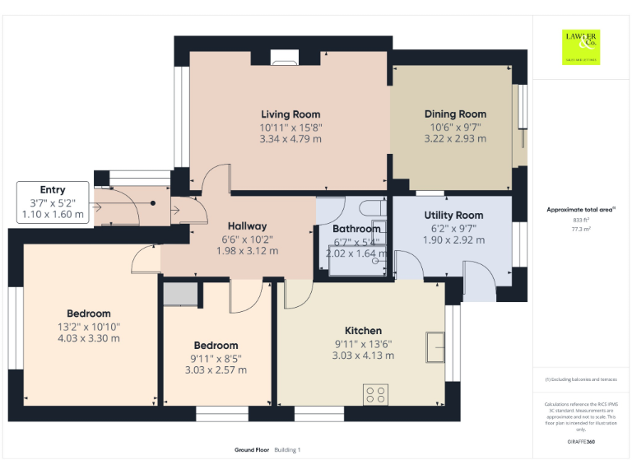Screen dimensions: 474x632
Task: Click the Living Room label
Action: (x=290, y=114)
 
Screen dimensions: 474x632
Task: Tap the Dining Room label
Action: (x=455, y=114)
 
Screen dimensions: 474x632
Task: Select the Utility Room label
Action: (x=453, y=215)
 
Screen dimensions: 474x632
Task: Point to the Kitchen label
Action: (x=363, y=331)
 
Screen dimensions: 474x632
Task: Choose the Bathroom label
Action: (x=356, y=230)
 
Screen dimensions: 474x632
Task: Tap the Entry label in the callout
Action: (x=53, y=190)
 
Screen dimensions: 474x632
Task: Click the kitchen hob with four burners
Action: (x=376, y=394)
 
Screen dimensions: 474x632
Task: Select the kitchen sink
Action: (x=434, y=346)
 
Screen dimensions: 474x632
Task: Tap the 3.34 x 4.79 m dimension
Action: (x=290, y=139)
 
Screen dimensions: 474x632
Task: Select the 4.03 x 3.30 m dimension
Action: (x=89, y=338)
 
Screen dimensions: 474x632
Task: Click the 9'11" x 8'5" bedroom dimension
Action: (x=216, y=358)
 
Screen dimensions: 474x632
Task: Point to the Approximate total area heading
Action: (x=581, y=210)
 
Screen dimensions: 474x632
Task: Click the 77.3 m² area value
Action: (x=581, y=230)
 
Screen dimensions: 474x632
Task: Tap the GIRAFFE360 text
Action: (x=581, y=443)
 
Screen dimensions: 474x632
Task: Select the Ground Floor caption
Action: (x=251, y=450)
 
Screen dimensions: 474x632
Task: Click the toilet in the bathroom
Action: (x=372, y=207)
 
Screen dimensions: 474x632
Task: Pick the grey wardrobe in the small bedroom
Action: (x=180, y=294)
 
